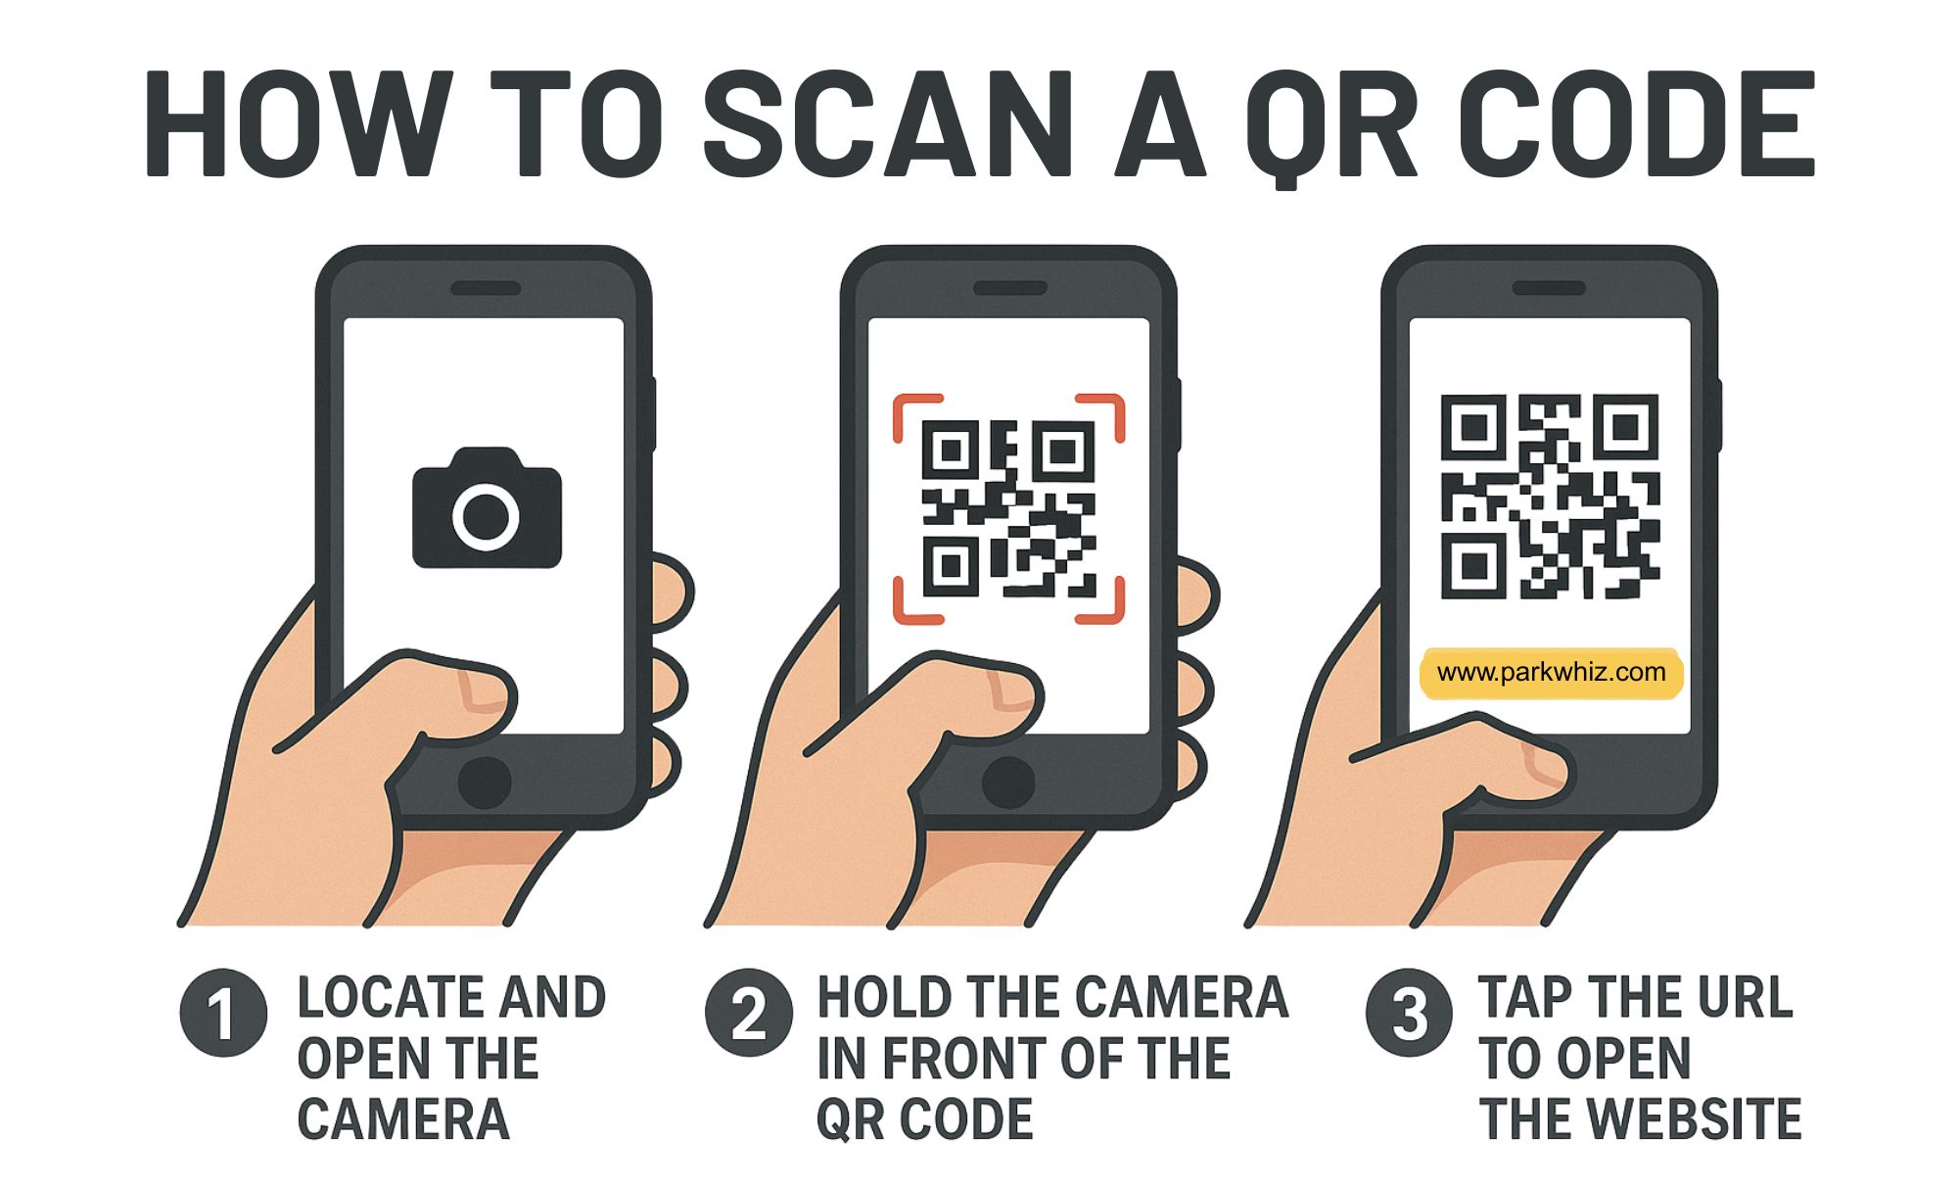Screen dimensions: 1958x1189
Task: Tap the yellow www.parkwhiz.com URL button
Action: [x=1551, y=673]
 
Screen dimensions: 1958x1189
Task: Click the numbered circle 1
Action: [x=223, y=1013]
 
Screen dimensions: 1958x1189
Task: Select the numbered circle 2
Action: [x=749, y=1013]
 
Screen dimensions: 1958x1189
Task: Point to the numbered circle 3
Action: [x=1409, y=1013]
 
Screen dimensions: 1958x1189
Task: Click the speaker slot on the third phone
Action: [x=1549, y=289]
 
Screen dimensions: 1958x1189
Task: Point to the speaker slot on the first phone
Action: [x=485, y=289]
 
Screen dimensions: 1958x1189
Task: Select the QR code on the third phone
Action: [x=1550, y=497]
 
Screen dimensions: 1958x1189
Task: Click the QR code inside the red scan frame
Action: [x=1008, y=508]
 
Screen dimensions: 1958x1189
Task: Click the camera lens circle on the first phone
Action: [x=487, y=516]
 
